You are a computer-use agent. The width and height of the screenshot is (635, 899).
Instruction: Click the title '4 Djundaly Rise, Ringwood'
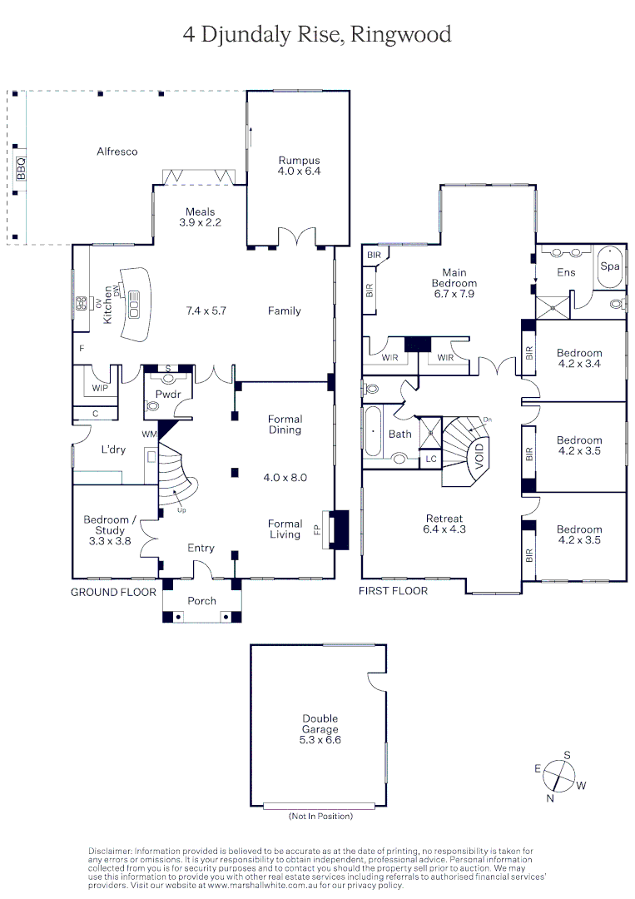point(317,34)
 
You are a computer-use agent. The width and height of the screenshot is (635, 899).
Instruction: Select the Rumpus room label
point(299,166)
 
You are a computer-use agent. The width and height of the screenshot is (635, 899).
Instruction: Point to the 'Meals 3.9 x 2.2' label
point(200,217)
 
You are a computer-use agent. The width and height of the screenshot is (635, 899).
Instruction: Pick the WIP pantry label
point(100,388)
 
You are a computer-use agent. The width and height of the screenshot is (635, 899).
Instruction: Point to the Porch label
point(201,600)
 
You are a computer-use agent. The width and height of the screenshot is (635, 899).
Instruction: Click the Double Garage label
point(320,728)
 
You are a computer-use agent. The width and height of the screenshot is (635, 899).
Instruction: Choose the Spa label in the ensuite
point(609,266)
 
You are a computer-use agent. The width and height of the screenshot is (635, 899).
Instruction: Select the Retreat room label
point(443,524)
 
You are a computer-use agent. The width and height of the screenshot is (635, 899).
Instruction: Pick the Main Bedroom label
point(454,283)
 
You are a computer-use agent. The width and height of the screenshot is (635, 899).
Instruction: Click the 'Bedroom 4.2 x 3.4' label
point(578,359)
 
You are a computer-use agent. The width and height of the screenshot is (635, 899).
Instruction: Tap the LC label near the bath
point(430,458)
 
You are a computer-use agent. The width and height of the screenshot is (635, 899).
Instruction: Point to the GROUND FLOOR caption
point(113,592)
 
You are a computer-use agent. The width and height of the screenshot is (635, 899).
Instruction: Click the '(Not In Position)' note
point(320,816)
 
